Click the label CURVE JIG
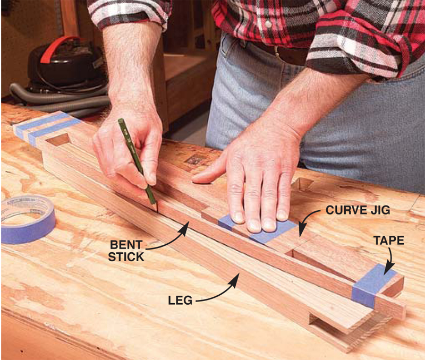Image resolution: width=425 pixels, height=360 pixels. tap(358, 210)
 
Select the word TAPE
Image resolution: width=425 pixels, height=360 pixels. tap(389, 241)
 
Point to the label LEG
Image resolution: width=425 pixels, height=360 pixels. tap(180, 301)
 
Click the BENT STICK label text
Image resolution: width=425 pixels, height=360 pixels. tap(126, 251)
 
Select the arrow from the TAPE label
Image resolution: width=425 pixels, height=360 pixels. tap(390, 260)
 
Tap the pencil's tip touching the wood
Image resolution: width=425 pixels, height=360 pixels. tap(157, 210)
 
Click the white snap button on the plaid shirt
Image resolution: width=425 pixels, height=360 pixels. tap(268, 24)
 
